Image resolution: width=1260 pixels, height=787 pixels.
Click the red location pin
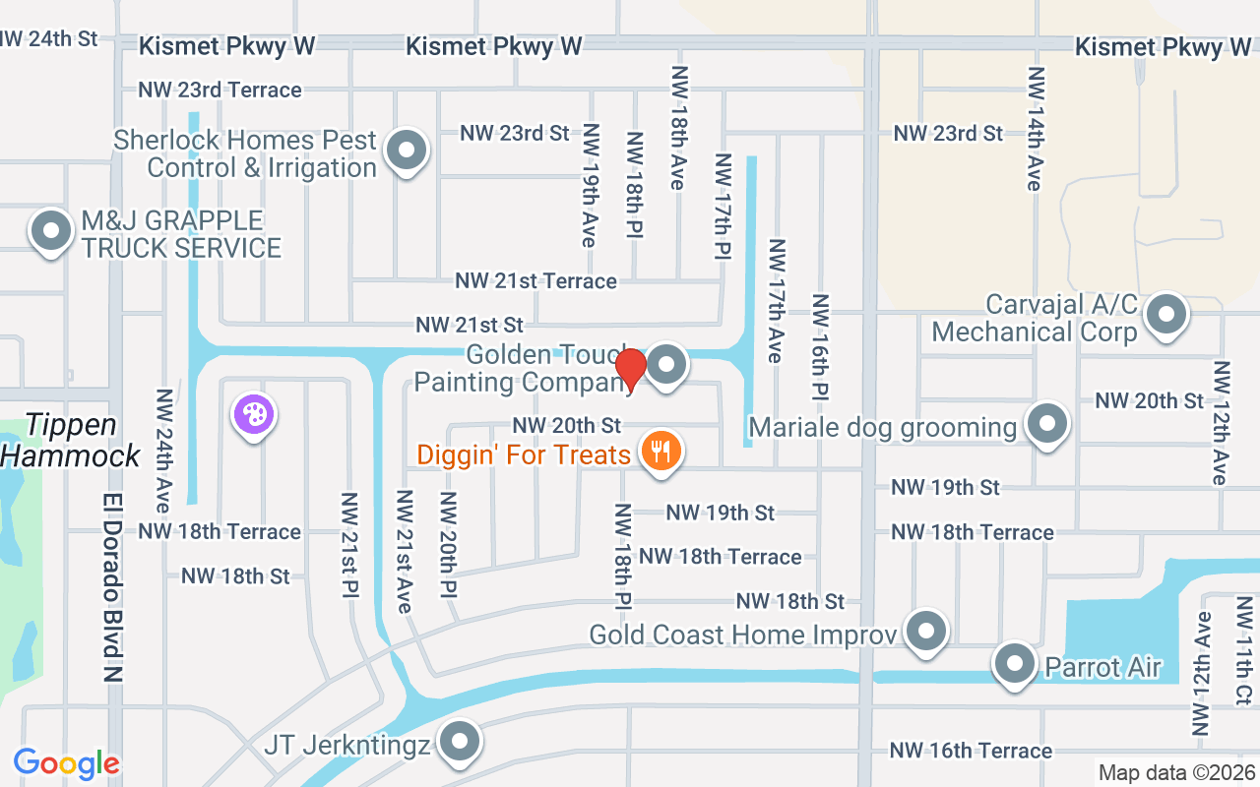(630, 369)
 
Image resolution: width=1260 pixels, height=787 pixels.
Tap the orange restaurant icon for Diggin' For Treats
(661, 452)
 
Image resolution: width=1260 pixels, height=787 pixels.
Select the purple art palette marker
(254, 414)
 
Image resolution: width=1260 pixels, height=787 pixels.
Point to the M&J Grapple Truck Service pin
(51, 232)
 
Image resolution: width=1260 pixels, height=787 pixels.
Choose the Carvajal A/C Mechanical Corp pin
(1166, 315)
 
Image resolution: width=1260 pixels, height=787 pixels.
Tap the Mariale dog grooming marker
(1046, 425)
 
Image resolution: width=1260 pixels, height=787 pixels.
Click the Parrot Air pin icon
(1015, 664)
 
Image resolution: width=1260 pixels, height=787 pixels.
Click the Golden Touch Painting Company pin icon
(667, 365)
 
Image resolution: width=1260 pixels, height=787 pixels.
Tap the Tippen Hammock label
(71, 440)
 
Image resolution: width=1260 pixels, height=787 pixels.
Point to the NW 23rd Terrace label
(220, 90)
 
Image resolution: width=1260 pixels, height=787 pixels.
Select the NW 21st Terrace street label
(535, 281)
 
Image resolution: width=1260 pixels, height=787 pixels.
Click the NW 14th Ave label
(1035, 128)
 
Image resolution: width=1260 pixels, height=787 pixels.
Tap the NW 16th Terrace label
(971, 751)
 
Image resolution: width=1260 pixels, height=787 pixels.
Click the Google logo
(67, 763)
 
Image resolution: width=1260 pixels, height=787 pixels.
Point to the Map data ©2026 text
(1175, 772)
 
